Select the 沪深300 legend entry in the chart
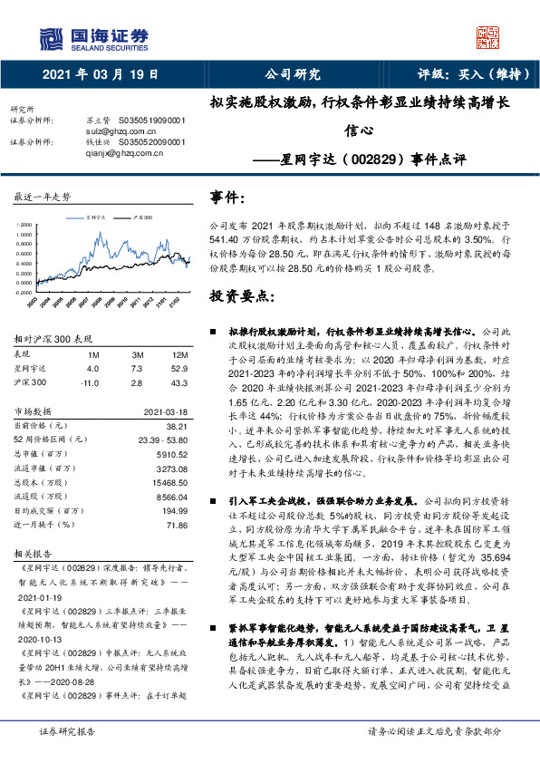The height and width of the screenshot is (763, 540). click(x=141, y=218)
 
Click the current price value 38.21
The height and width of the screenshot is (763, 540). click(x=176, y=425)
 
